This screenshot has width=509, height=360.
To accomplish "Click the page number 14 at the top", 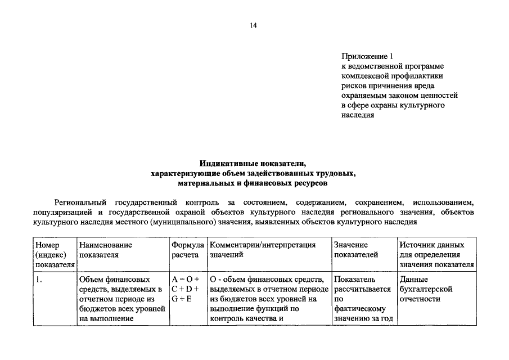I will tap(254, 26).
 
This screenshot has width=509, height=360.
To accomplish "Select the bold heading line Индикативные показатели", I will tap(254, 164).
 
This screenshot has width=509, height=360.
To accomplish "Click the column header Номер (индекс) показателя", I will tap(55, 255).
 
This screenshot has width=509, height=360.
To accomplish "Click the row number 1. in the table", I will tap(38, 280).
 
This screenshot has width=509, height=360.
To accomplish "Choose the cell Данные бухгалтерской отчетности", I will tap(426, 289).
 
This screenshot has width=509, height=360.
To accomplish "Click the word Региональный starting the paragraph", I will tap(80, 202).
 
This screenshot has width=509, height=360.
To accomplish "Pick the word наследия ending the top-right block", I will tap(358, 115).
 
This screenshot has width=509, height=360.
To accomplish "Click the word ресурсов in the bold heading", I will tap(307, 183).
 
